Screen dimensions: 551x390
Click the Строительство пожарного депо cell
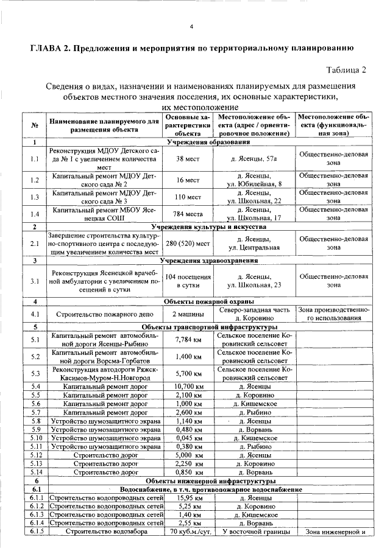pos(99,314)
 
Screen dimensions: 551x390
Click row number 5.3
pos(35,373)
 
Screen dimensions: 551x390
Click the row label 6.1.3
pos(35,514)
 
